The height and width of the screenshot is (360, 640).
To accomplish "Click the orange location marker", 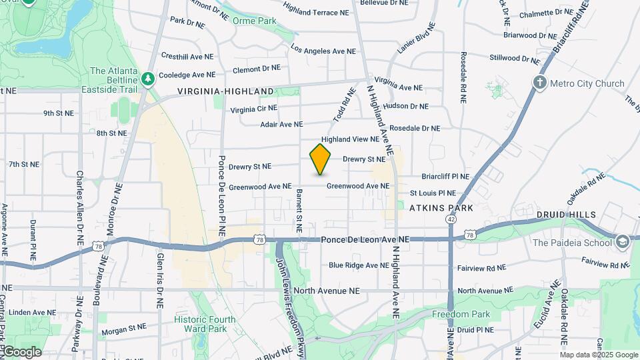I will [x=321, y=159].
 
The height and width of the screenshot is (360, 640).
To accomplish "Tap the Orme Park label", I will [x=255, y=21].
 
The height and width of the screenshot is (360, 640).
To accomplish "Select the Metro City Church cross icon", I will [x=540, y=83].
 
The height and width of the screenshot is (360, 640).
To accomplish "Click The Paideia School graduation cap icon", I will [x=623, y=241].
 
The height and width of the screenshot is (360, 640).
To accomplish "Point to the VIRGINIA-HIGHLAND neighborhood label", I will [x=225, y=91].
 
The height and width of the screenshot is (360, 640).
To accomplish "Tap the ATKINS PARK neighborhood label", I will [x=441, y=208].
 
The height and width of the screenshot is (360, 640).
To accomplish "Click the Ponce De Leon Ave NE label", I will [x=365, y=239].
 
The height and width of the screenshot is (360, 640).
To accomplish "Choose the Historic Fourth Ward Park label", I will [x=205, y=324].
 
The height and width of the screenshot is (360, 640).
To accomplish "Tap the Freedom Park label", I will [x=461, y=314].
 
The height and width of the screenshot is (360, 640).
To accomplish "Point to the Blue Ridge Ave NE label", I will [x=359, y=265].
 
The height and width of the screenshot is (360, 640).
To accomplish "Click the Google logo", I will [x=21, y=352].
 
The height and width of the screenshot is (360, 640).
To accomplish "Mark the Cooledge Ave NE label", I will [x=187, y=75].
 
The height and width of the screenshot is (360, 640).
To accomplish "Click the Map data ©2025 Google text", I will [x=599, y=355].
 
